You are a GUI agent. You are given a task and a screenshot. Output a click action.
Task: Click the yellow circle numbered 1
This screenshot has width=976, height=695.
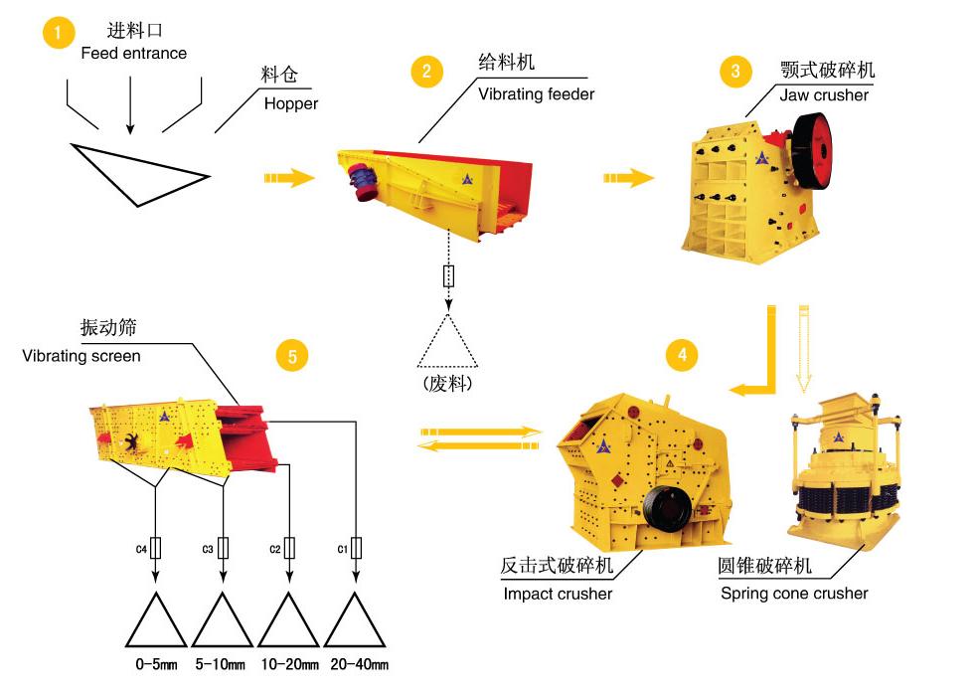tap(58, 33)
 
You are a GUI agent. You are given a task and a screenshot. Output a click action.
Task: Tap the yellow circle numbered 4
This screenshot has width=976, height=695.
tap(682, 354)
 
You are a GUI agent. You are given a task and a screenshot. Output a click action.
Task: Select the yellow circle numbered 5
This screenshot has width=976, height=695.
tap(291, 355)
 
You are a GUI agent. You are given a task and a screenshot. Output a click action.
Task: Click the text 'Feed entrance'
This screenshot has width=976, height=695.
tap(133, 53)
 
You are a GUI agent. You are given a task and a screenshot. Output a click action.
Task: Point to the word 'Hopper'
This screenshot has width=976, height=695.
tap(291, 103)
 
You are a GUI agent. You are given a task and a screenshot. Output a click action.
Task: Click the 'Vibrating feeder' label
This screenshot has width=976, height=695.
tap(536, 94)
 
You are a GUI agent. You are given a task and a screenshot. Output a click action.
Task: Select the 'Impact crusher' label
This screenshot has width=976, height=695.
tap(558, 594)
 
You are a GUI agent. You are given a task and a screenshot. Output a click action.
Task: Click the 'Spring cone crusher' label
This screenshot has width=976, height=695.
tap(794, 594)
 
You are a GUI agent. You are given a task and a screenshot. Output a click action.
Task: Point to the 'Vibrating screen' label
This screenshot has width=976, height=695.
tap(81, 355)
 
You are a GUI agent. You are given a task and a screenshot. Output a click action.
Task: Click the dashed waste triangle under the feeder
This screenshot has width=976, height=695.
tap(446, 343)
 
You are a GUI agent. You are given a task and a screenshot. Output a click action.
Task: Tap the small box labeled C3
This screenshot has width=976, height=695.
tap(223, 548)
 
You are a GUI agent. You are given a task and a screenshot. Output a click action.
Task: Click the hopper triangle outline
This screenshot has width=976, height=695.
tap(138, 171)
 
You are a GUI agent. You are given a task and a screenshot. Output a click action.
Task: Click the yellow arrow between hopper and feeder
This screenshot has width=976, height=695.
tap(289, 178)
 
